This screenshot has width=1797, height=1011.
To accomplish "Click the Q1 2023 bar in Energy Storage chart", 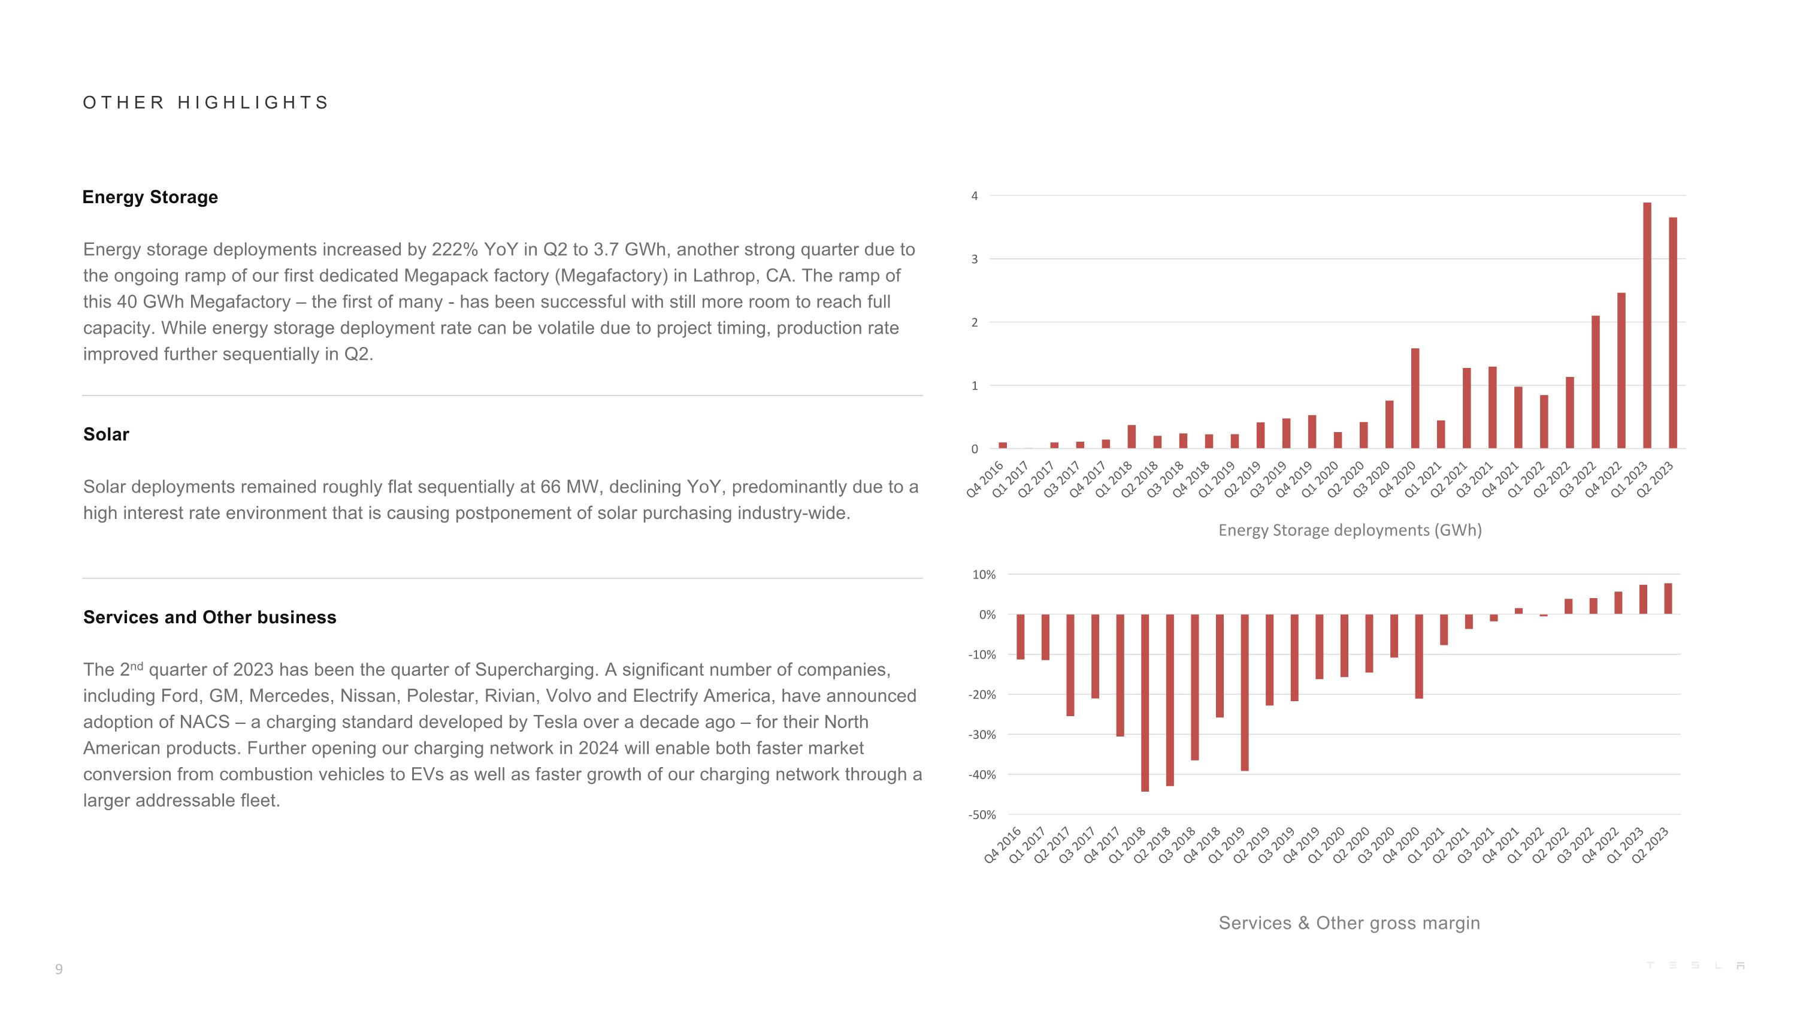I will click(1647, 325).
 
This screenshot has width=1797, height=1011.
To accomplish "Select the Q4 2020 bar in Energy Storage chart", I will click(1415, 399).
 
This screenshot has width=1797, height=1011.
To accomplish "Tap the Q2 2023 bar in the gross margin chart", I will click(1668, 599).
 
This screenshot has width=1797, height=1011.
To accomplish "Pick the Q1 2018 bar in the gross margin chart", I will click(1145, 702).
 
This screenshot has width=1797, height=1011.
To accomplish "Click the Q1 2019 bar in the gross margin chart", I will click(1245, 692).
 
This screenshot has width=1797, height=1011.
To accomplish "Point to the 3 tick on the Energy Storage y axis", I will click(975, 259).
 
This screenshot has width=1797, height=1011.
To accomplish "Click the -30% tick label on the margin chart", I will click(982, 735).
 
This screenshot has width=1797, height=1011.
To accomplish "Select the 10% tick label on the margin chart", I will click(984, 575).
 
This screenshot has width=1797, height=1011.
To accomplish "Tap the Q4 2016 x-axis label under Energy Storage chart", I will click(985, 479).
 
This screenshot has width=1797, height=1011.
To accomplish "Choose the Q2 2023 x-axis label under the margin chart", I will click(1650, 845).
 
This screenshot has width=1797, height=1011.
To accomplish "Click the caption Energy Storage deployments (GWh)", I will click(1350, 530).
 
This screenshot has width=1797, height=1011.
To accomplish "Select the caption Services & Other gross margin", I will click(1349, 923).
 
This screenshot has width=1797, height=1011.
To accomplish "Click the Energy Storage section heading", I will click(150, 197).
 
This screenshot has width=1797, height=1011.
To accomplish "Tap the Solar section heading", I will click(106, 434).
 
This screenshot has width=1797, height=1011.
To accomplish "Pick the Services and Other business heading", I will click(209, 617).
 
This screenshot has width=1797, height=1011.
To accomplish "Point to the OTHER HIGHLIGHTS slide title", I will click(205, 102).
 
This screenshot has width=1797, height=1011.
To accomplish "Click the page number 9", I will click(59, 968).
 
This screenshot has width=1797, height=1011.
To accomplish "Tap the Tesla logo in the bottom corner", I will click(1695, 965).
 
